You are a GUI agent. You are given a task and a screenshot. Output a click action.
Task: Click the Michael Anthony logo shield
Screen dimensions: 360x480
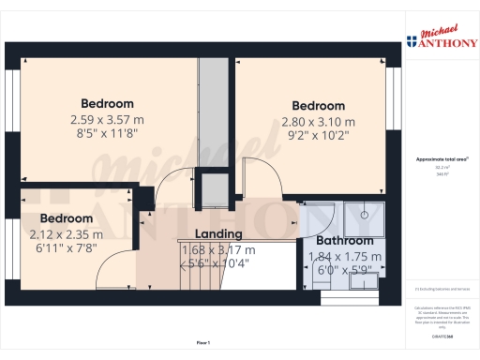click(x=412, y=41)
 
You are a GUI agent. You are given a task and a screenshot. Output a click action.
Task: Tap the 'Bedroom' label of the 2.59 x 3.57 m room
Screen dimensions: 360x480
click(x=107, y=103)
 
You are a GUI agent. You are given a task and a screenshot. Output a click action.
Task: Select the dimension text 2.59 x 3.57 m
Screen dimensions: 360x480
click(x=107, y=119)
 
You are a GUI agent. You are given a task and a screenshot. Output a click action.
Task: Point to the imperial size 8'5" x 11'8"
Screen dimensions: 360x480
click(x=107, y=134)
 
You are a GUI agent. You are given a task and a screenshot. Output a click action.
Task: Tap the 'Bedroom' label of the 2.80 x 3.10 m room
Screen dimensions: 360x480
click(x=319, y=106)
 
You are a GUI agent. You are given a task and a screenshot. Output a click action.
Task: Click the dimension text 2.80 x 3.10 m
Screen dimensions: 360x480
click(x=319, y=122)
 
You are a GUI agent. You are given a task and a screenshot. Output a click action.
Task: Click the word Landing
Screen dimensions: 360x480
click(x=217, y=234)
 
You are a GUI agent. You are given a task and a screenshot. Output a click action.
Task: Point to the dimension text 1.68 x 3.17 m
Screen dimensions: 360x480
click(x=217, y=249)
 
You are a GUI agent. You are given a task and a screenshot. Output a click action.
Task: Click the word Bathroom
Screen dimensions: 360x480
click(x=337, y=241)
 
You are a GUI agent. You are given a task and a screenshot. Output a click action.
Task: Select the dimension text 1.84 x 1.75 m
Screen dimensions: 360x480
click(x=337, y=256)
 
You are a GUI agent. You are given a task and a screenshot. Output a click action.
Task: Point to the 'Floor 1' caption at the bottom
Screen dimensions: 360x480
click(x=203, y=343)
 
